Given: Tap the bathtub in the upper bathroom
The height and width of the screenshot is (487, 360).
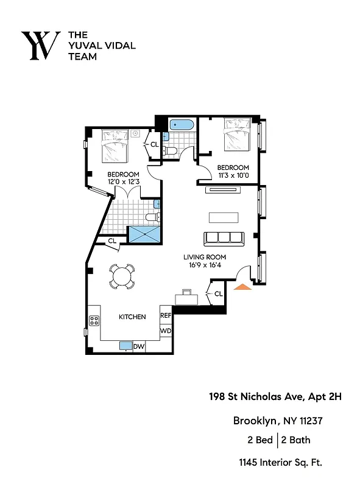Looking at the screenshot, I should point(181,126).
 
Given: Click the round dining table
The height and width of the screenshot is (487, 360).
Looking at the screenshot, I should point(122,276).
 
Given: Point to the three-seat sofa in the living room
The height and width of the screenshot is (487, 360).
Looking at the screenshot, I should point(223,239).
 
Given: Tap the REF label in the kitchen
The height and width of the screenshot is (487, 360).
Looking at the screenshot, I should point(166,316).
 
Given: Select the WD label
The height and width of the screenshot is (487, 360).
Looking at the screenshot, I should point(166,331).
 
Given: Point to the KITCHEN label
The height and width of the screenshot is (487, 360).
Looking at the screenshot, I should point(132,317).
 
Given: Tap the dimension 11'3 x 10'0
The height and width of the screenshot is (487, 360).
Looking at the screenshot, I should point(233,175).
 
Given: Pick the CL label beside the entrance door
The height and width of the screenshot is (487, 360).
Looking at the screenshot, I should point(218,295).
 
